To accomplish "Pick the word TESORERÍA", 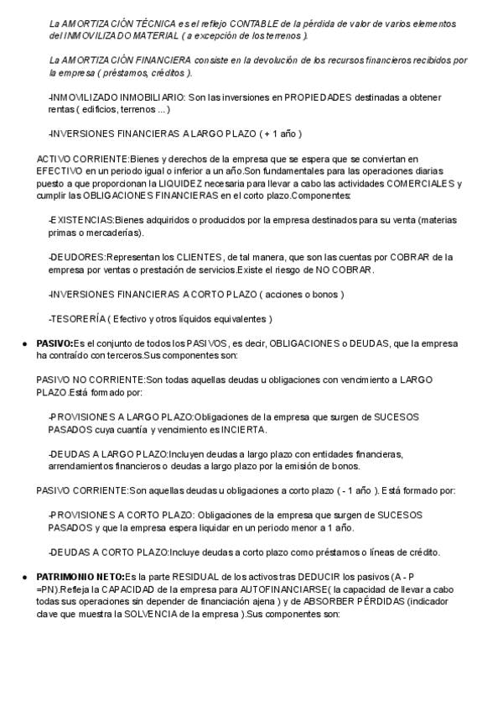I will (79, 319).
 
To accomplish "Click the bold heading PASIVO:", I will (54, 344).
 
